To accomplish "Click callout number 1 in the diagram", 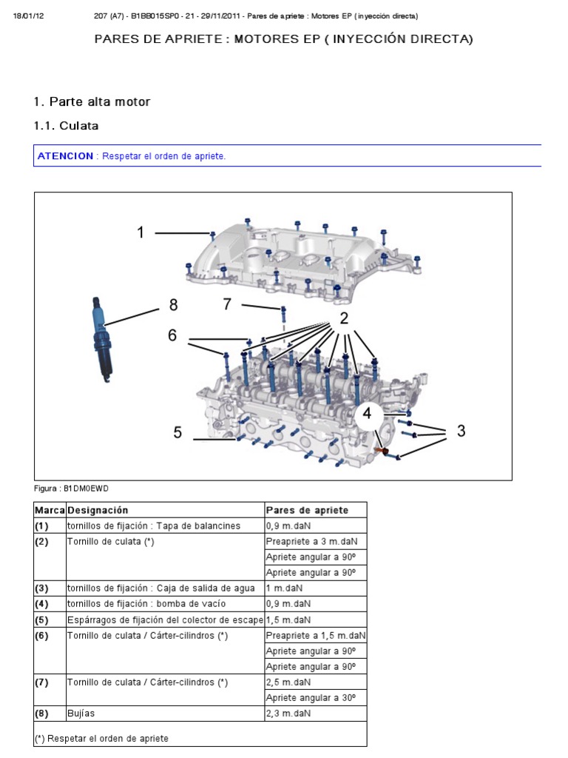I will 141,233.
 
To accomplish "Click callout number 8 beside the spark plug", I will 173,305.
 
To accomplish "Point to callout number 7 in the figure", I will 228,304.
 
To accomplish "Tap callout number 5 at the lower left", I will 177,433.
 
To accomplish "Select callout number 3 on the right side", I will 461,431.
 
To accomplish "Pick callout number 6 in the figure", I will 172,335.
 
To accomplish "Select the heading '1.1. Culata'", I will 67,126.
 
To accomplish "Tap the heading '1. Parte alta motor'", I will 92,101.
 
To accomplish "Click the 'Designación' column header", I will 98,510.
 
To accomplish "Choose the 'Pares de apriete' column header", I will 306,510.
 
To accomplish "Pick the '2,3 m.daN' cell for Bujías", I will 288,714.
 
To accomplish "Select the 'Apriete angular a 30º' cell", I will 311,697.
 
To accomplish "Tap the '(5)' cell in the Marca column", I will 41,620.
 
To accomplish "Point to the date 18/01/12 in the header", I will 30,16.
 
